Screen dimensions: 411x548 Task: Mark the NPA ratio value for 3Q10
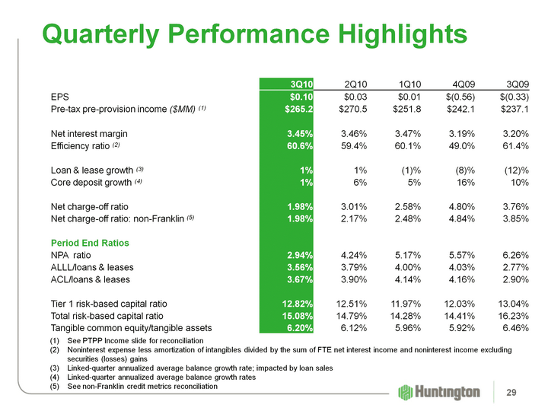(298, 255)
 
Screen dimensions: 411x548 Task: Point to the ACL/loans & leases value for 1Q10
(408, 280)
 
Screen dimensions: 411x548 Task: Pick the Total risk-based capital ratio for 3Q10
(295, 317)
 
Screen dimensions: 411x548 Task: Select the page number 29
(521, 391)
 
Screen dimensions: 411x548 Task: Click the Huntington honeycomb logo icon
(406, 392)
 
